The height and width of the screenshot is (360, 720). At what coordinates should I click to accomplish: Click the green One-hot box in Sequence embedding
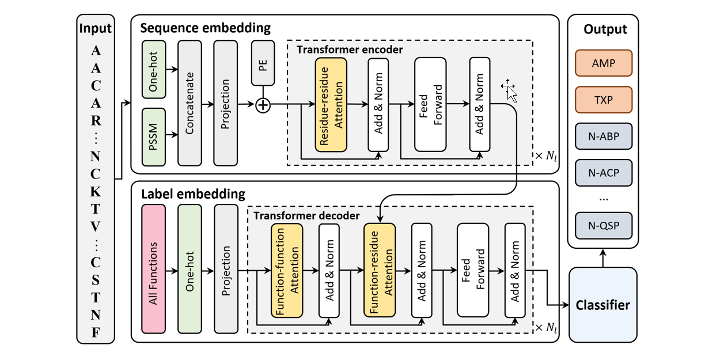tap(154, 69)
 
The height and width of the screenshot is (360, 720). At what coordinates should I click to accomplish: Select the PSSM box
tap(154, 136)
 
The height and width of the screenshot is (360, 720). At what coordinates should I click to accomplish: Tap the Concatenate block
tap(190, 103)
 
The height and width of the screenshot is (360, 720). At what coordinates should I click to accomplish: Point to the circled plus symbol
tap(263, 105)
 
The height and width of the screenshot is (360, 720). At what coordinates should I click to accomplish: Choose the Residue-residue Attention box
tap(331, 105)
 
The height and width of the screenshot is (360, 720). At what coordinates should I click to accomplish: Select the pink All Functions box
tap(154, 270)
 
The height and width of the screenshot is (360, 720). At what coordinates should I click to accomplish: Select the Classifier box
tap(603, 305)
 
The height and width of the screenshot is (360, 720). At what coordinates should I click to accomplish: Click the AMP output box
tap(603, 63)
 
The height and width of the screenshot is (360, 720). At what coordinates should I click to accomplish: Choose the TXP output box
tap(603, 100)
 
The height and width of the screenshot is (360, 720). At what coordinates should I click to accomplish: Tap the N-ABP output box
tap(603, 137)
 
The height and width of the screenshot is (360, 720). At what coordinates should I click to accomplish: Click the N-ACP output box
tap(603, 172)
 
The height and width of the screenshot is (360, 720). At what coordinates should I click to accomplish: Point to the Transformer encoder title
tap(350, 50)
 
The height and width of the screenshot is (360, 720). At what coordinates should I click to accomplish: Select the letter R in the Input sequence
tap(96, 121)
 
